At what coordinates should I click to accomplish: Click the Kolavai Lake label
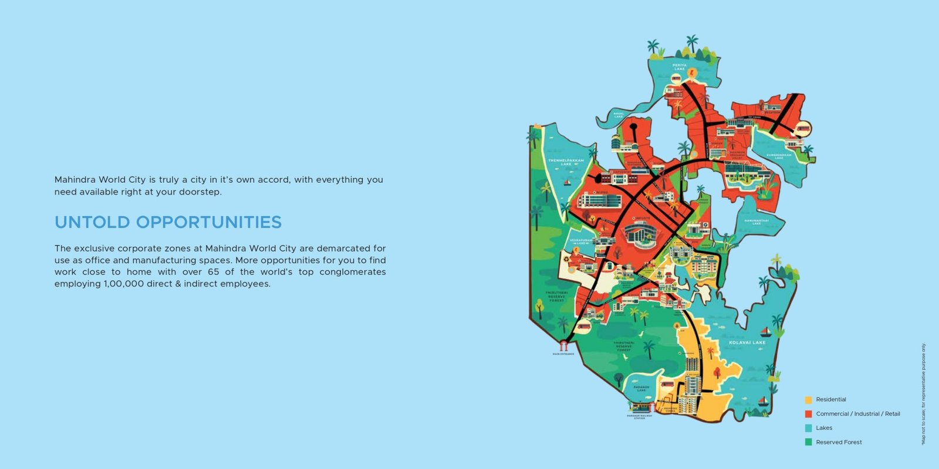point(747,342)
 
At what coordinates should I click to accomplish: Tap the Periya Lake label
point(680,67)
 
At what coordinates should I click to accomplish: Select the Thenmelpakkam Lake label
point(566,162)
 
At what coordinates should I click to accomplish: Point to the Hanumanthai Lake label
point(756,222)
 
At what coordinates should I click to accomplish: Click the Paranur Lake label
point(641,388)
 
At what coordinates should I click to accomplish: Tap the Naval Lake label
point(619,115)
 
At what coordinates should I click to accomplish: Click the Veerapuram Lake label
point(581,242)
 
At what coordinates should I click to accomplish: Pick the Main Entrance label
point(563,354)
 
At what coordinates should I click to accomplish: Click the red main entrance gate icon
point(564,345)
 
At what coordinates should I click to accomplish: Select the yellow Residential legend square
point(808,400)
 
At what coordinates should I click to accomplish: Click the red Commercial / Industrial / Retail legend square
point(808,414)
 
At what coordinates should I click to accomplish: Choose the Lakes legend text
point(824,428)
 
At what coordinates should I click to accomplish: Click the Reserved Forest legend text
point(839,442)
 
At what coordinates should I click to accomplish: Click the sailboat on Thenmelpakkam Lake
point(567,182)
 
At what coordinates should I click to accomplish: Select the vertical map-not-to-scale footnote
point(923,394)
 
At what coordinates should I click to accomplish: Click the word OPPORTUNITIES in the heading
point(209,222)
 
